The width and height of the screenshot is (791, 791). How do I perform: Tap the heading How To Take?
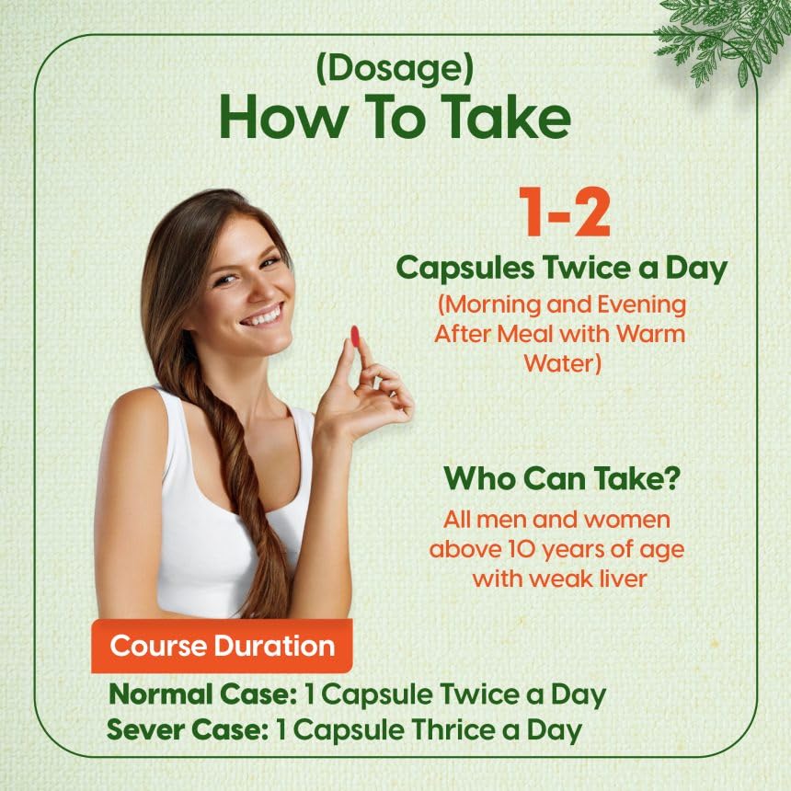tap(395, 120)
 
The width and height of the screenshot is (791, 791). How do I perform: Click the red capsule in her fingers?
tap(355, 337)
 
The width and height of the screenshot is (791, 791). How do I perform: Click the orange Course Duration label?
tap(222, 645)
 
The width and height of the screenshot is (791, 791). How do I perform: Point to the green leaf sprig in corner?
tap(727, 37)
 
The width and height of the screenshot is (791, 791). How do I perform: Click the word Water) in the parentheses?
tap(562, 363)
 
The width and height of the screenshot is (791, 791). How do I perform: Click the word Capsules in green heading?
tap(461, 269)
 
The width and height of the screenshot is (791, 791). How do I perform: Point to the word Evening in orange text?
tap(643, 303)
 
